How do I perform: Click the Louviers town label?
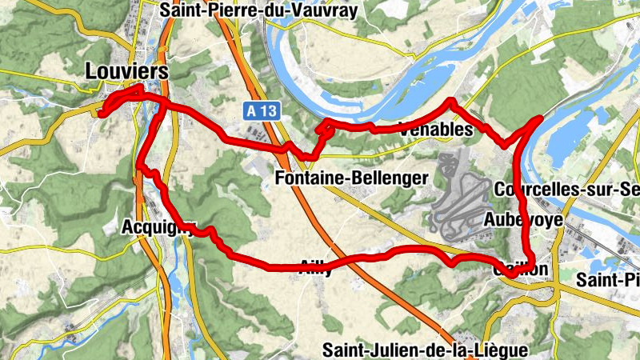[x=127, y=71]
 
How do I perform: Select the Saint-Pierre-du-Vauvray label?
[x=258, y=10]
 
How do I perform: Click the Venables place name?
[x=435, y=130]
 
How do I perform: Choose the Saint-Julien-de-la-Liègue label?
[x=425, y=350]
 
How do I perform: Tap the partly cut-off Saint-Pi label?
[x=609, y=279]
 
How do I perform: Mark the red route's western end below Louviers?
[x=102, y=113]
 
